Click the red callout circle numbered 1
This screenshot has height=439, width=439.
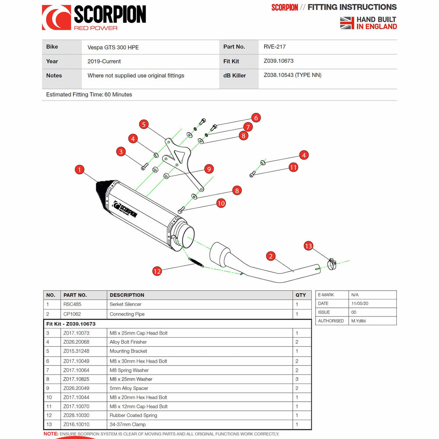click(79, 169)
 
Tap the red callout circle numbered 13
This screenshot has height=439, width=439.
click(308, 246)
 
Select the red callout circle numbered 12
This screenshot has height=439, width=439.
click(157, 271)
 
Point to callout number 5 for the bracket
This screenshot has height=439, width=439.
click(144, 124)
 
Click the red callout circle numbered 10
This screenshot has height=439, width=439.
click(221, 203)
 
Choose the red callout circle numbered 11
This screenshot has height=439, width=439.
click(293, 167)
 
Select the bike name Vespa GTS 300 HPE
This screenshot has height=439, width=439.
click(113, 47)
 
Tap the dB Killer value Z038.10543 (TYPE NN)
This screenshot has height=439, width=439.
click(292, 75)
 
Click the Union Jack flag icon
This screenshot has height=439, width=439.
click(347, 23)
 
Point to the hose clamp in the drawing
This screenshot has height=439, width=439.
click(333, 264)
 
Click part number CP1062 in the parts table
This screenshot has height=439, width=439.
click(72, 314)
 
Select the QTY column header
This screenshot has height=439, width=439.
click(301, 295)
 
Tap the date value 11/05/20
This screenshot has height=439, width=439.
click(360, 303)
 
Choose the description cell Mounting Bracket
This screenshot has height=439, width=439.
click(128, 351)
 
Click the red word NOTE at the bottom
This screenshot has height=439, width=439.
click(51, 434)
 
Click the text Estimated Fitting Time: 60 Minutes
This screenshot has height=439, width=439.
click(89, 94)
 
